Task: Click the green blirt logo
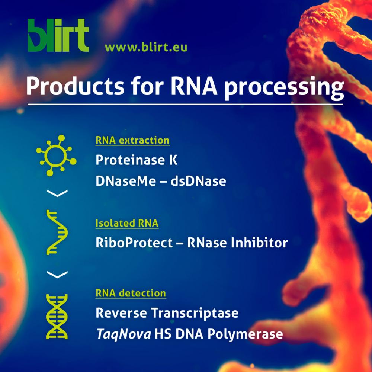coord(58,35)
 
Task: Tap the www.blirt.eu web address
coord(146,47)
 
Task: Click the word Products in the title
coord(75,86)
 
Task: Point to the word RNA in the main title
coord(194,86)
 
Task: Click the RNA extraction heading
coord(132,140)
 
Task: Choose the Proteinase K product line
coord(137,160)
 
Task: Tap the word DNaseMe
coord(126,181)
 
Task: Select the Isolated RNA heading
coord(127,223)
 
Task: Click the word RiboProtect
coord(134,243)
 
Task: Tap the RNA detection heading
coord(131,293)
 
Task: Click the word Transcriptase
coord(195,313)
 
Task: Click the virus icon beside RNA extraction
coord(56,155)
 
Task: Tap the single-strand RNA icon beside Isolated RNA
coord(57,232)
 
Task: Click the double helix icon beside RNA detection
coord(57,317)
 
